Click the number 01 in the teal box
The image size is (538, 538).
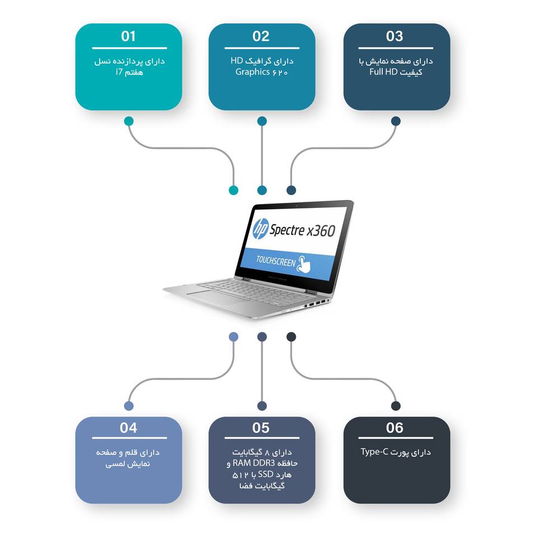(x=128, y=36)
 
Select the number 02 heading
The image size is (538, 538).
(x=261, y=36)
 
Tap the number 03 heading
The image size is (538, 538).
(x=395, y=36)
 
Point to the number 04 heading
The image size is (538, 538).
(x=128, y=428)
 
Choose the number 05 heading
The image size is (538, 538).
(x=261, y=428)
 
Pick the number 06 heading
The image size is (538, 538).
(x=395, y=428)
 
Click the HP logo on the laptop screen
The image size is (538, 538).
(x=261, y=228)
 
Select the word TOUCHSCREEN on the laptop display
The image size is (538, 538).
(x=275, y=261)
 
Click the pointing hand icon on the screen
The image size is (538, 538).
(x=305, y=263)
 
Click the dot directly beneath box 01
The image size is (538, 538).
(x=129, y=121)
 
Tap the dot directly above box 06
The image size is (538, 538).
(x=396, y=406)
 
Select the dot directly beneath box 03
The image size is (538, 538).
(x=396, y=121)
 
